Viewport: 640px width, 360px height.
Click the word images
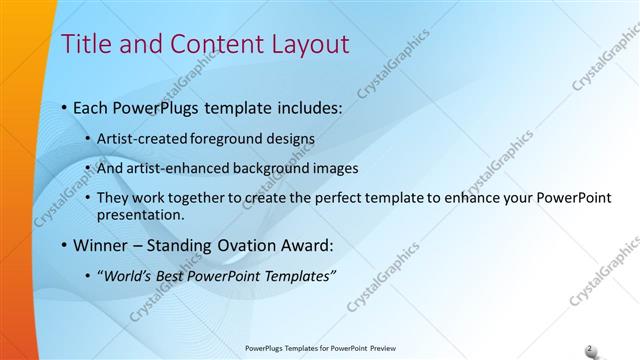click(330, 168)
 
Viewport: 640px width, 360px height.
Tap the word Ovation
click(245, 244)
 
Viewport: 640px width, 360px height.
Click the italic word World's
click(129, 275)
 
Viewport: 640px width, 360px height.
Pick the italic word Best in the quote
click(175, 275)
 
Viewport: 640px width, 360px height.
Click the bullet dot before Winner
click(65, 245)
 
